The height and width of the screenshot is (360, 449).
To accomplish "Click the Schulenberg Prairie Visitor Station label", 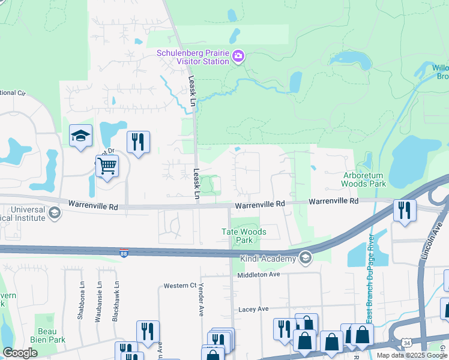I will tap(193, 57).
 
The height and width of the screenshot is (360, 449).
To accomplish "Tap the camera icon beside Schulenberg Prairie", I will tap(238, 56).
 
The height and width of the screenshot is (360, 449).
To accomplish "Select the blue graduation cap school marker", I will tap(80, 136).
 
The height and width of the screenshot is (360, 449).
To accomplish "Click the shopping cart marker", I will tap(107, 165).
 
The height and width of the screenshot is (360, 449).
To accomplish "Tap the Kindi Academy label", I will tap(269, 259).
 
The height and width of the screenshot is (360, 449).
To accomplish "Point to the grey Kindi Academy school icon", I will tap(306, 258).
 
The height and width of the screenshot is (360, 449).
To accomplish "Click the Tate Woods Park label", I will tap(244, 236).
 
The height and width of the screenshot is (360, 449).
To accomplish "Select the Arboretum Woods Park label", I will tap(364, 180).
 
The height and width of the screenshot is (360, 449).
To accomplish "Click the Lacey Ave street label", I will tap(253, 309).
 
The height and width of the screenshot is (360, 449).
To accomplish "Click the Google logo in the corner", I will tap(20, 353).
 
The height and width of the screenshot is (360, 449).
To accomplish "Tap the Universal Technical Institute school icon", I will tap(54, 213).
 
